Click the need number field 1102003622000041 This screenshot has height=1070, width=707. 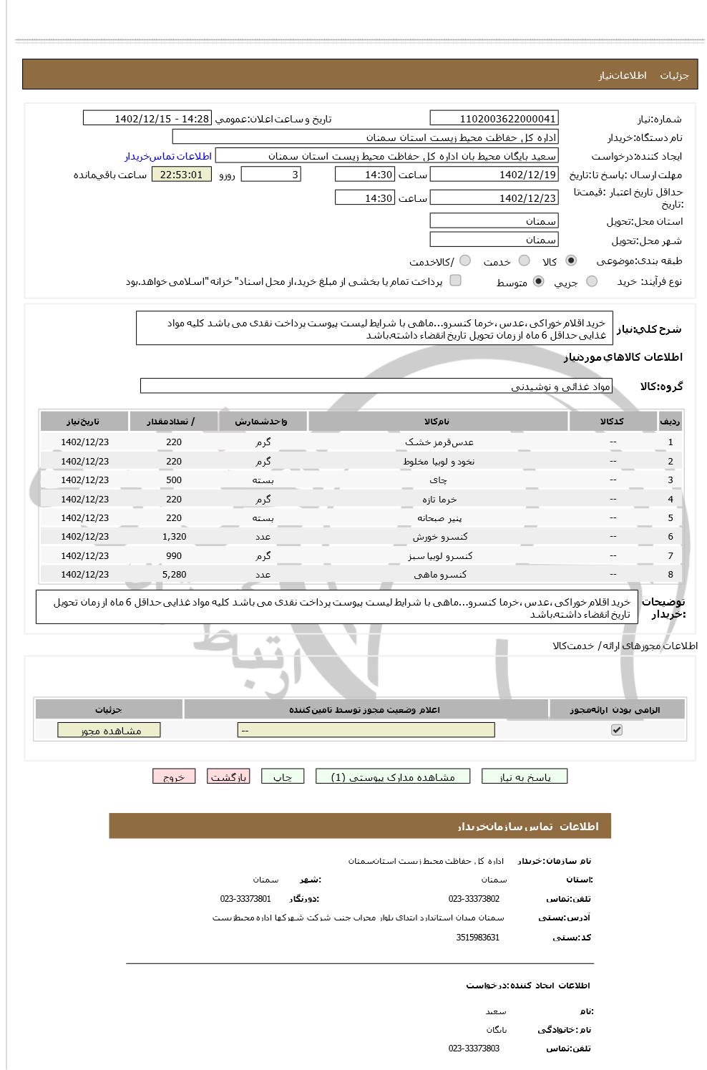[x=494, y=119]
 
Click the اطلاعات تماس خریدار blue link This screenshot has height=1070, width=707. [x=168, y=156]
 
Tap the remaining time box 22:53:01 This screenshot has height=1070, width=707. [x=181, y=175]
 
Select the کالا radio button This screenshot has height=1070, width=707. [x=570, y=261]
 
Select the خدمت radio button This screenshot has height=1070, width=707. [x=524, y=261]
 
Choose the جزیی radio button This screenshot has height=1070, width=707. [x=591, y=281]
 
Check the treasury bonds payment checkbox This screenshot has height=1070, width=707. [x=455, y=281]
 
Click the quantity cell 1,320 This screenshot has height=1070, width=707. [x=174, y=537]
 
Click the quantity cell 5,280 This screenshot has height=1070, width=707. [x=174, y=575]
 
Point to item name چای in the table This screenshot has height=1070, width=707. [x=439, y=480]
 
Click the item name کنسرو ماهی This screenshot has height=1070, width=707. [x=439, y=575]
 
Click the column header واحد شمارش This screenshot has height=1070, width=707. [x=262, y=422]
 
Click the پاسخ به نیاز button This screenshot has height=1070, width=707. [x=525, y=777]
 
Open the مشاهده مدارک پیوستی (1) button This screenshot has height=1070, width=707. [x=393, y=777]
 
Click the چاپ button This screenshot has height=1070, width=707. [x=283, y=777]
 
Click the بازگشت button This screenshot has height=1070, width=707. [x=228, y=777]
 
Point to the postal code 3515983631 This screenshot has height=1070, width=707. [x=477, y=938]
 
